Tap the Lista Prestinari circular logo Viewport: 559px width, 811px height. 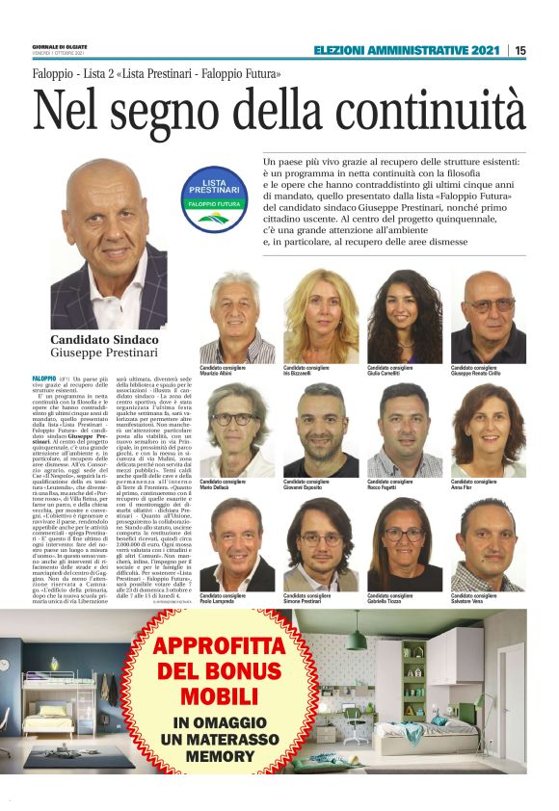click(215, 199)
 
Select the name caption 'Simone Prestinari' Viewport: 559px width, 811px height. click(309, 601)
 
